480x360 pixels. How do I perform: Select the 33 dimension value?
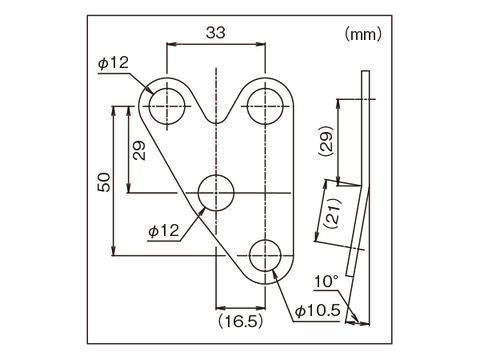point(214,32)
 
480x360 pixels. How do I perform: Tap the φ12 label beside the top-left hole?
point(114,62)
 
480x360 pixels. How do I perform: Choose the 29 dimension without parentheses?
point(139,149)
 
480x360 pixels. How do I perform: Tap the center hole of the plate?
point(216,190)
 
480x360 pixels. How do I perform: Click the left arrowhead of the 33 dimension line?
point(170,45)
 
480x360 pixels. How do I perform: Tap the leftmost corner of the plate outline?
point(139,104)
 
